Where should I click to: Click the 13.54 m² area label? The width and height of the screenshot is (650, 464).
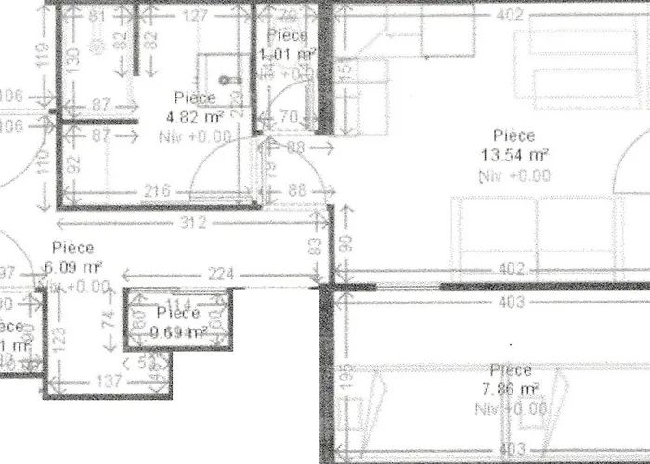click(x=513, y=154)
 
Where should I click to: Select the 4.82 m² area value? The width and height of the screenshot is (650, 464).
click(x=194, y=117)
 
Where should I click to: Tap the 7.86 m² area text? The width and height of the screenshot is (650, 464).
click(x=513, y=388)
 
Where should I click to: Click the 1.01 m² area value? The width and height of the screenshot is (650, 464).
click(x=287, y=55)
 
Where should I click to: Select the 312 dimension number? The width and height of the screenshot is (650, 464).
click(x=193, y=223)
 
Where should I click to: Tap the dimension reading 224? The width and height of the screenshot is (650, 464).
click(x=220, y=275)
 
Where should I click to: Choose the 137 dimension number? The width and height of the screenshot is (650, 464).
click(x=110, y=381)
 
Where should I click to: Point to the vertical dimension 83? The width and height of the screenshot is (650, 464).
click(x=316, y=247)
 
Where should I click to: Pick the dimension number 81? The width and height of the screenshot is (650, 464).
click(x=96, y=16)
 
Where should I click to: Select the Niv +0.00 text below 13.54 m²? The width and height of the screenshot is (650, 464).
click(x=513, y=174)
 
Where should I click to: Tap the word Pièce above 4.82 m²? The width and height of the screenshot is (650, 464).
click(x=194, y=97)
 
